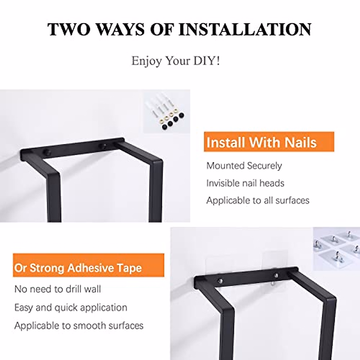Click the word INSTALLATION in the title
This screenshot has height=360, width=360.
(245, 29)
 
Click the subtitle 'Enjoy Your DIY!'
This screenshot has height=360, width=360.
(175, 61)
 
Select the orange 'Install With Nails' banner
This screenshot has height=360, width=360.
(269, 142)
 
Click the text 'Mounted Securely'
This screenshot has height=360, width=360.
(244, 166)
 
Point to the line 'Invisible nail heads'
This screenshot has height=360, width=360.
(245, 183)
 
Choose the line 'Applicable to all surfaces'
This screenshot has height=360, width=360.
(258, 200)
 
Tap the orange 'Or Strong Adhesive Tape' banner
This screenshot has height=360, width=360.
(88, 268)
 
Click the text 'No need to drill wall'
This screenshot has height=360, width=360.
(58, 289)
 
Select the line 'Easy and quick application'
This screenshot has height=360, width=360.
(71, 307)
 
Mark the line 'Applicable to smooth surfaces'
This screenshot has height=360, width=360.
(79, 325)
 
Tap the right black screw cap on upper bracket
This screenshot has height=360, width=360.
(103, 147)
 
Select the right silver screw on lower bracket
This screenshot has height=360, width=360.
(276, 275)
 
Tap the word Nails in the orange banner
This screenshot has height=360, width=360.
(301, 142)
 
